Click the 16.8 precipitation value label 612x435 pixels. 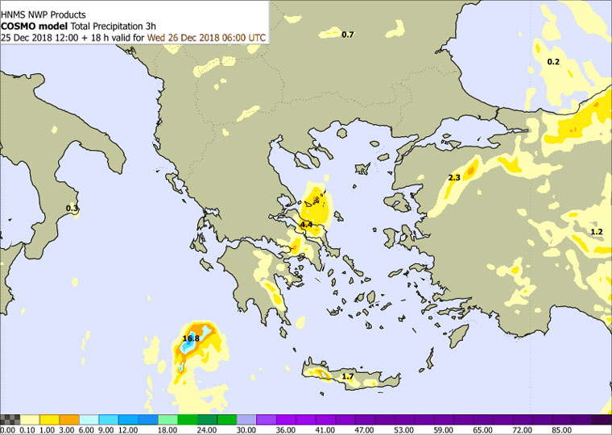[x=191, y=338]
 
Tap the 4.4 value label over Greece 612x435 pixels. [x=306, y=224]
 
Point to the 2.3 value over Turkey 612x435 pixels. [x=453, y=177]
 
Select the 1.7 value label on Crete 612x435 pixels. [x=348, y=376]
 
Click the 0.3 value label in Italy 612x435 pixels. [x=72, y=209]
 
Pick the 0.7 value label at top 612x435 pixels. [x=348, y=35]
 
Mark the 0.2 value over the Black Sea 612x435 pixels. [x=553, y=62]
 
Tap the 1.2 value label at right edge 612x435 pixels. [x=596, y=232]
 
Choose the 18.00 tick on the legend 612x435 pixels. [x=167, y=429]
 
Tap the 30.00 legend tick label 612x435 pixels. [x=246, y=429]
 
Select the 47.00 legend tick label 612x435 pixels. [x=365, y=429]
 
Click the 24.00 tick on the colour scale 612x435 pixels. [x=207, y=429]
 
